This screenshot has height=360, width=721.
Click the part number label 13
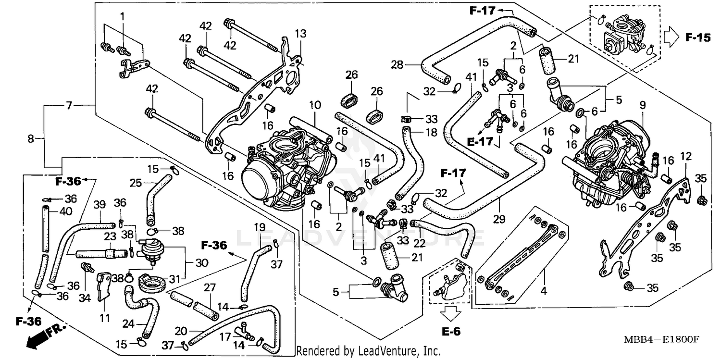click(x=300, y=34)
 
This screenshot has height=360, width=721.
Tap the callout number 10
click(x=315, y=104)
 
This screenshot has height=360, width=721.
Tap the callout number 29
click(x=500, y=219)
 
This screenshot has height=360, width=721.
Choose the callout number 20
click(x=181, y=331)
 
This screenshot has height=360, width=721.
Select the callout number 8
click(x=31, y=139)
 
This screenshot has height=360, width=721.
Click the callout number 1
click(x=122, y=17)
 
